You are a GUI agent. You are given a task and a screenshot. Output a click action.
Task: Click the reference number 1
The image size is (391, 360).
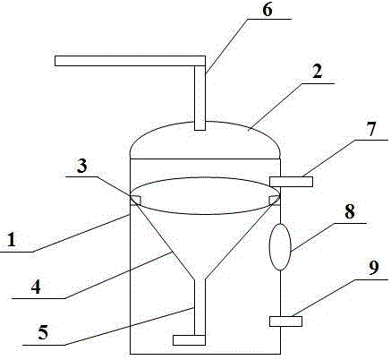tap(12, 240)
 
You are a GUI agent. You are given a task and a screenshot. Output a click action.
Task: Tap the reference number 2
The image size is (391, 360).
tap(317, 72)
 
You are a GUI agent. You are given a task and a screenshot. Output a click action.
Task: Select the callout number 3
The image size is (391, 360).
tap(82, 166)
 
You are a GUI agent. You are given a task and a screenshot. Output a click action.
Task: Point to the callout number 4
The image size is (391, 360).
tap(36, 287)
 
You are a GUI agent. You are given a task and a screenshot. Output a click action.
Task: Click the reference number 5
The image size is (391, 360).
tap(43, 332)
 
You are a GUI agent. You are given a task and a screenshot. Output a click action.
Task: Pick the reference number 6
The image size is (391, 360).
tap(268, 10)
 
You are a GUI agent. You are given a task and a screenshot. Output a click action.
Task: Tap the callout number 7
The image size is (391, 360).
tap(371, 129)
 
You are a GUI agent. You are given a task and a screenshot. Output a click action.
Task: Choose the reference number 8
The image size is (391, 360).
tap(350, 211)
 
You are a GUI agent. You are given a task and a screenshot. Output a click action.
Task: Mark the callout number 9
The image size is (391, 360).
tap(373, 268)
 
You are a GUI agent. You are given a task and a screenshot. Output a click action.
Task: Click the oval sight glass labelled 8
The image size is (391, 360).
tap(280, 247)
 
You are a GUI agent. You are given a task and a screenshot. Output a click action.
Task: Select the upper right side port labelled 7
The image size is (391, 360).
tap(291, 182)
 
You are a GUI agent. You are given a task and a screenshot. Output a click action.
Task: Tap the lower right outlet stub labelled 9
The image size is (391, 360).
tap(285, 321)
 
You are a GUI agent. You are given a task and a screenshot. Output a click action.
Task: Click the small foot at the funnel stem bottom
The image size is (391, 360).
tap(189, 340)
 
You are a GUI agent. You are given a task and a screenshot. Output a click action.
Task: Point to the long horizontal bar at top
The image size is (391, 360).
tap(130, 61)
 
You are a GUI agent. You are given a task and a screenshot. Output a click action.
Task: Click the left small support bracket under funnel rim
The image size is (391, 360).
tap(136, 200)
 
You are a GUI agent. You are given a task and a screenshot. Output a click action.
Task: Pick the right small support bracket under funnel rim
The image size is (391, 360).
tap(274, 201)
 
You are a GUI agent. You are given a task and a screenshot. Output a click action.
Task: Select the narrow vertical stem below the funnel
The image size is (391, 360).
tap(200, 307)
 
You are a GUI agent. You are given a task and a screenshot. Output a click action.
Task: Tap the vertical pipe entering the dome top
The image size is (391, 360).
tap(200, 98)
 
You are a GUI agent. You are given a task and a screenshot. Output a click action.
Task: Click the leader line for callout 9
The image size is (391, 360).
tap(340, 297)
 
